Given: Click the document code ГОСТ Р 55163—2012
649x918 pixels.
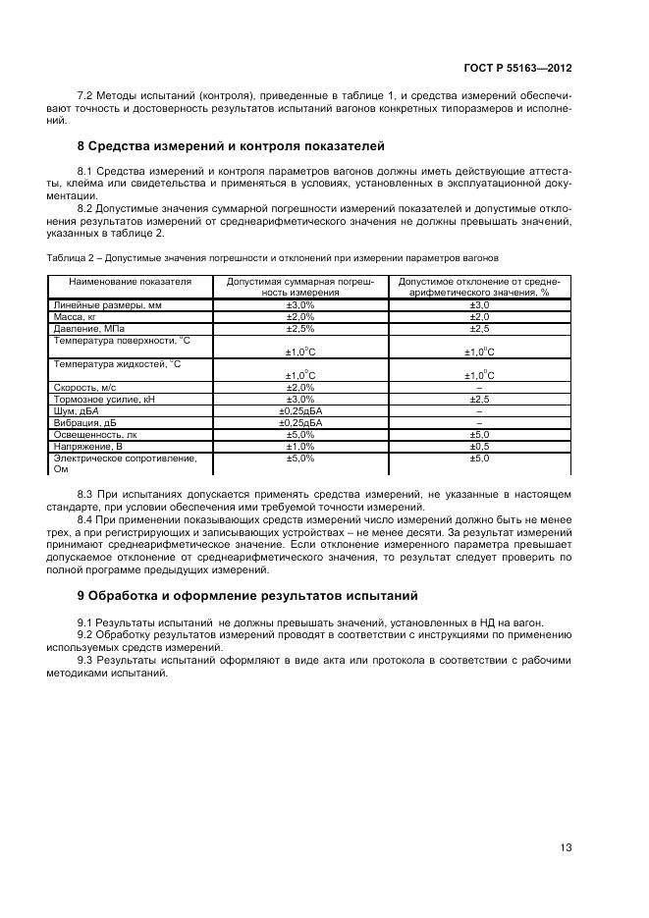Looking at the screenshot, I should [518, 68].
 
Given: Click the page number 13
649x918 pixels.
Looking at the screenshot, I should [566, 847].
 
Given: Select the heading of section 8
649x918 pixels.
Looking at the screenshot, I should [231, 146].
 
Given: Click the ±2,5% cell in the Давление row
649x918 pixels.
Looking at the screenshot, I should [299, 328].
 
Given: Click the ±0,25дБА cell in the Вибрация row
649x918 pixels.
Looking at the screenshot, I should [299, 422].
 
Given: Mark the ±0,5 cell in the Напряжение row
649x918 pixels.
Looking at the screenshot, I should [479, 445].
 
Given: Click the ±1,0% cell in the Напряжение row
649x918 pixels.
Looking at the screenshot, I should [299, 445].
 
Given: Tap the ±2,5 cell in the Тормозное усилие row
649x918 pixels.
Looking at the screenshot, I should [479, 400].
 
